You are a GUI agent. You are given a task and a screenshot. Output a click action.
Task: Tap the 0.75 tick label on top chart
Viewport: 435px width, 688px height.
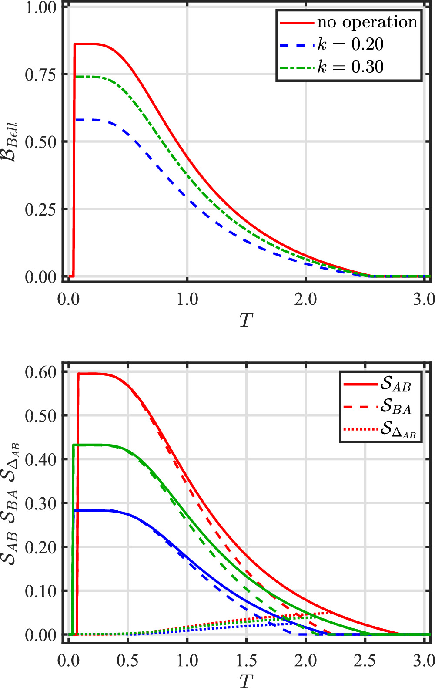[40, 74]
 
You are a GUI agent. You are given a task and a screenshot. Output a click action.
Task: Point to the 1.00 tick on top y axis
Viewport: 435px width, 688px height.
[40, 7]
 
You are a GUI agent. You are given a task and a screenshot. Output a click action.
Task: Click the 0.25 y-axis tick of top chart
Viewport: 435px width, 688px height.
[40, 209]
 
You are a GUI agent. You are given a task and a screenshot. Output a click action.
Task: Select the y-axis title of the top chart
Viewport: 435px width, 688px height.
[11, 142]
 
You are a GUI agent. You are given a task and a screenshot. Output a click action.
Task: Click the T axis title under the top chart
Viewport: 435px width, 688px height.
[246, 320]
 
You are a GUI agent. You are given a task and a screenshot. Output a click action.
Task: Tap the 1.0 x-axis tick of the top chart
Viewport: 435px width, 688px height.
[187, 300]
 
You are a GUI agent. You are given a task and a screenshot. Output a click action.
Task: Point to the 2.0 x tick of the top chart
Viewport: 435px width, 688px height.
[306, 300]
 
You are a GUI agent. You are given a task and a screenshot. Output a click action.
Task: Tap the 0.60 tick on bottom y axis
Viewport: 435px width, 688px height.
[40, 372]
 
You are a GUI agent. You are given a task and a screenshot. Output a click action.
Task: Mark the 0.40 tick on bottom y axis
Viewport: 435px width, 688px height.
[40, 459]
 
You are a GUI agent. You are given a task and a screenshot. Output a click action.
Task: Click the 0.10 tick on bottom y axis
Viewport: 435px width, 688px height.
[40, 591]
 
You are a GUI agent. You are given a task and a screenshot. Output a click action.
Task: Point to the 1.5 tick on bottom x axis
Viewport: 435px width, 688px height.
[247, 661]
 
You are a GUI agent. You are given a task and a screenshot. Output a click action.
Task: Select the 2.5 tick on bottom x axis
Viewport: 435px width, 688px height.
[365, 661]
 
